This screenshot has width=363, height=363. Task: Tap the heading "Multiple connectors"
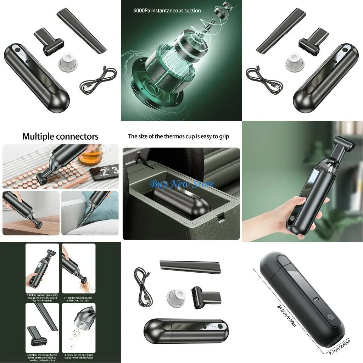[60, 136]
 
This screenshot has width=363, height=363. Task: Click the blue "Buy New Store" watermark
[182, 184]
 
